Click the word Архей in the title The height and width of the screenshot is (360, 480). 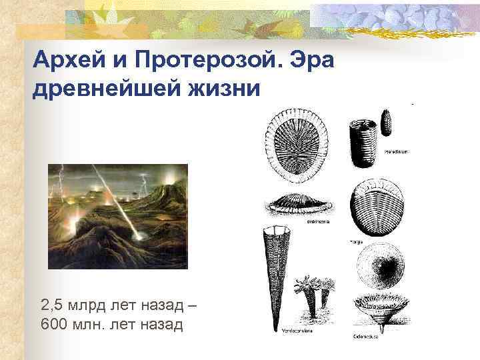coord(65,63)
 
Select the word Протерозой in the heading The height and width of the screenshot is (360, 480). coord(199,63)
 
